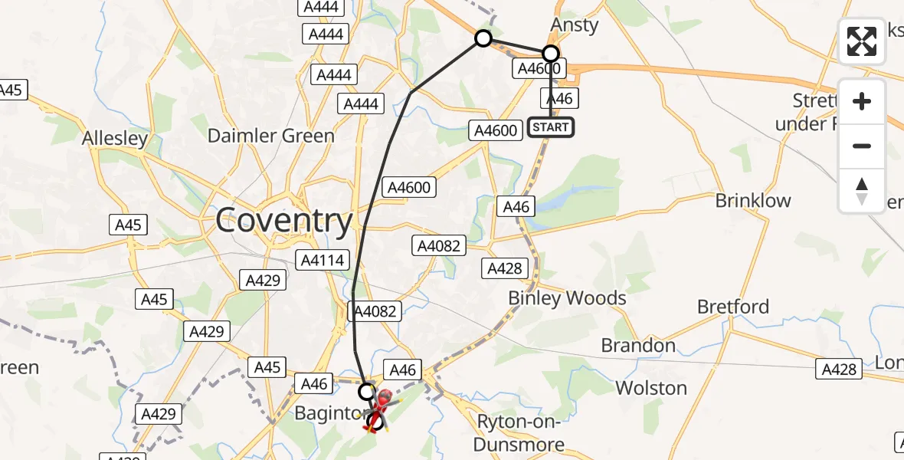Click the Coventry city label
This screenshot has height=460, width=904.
pos(283,221)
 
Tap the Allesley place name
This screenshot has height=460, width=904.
pos(115,139)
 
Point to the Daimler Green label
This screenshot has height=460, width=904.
pos(271,136)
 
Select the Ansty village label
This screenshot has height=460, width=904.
pos(575,25)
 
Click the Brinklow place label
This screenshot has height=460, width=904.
pos(753,200)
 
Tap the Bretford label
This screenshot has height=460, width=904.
pos(733,307)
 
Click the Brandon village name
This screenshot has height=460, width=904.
pos(638,345)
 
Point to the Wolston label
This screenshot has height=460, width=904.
pos(651,388)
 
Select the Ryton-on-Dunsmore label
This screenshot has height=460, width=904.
pos(520,432)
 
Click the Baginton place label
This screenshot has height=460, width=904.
pos(327,415)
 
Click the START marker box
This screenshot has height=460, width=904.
pos(550,127)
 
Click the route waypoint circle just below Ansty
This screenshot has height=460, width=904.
pos(551,54)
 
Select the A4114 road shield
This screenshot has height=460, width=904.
pos(319,259)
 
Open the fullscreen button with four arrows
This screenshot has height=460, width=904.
pos(862,41)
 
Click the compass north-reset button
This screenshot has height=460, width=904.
pos(862,191)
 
